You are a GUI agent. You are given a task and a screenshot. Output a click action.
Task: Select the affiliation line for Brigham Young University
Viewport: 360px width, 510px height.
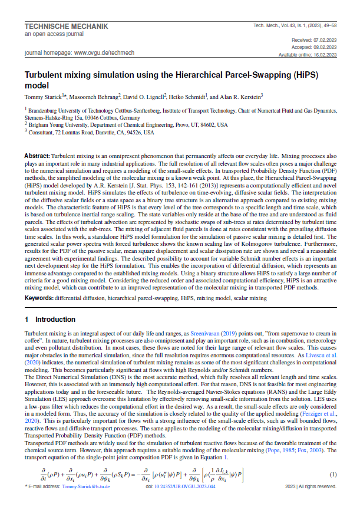click(x=128, y=125)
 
